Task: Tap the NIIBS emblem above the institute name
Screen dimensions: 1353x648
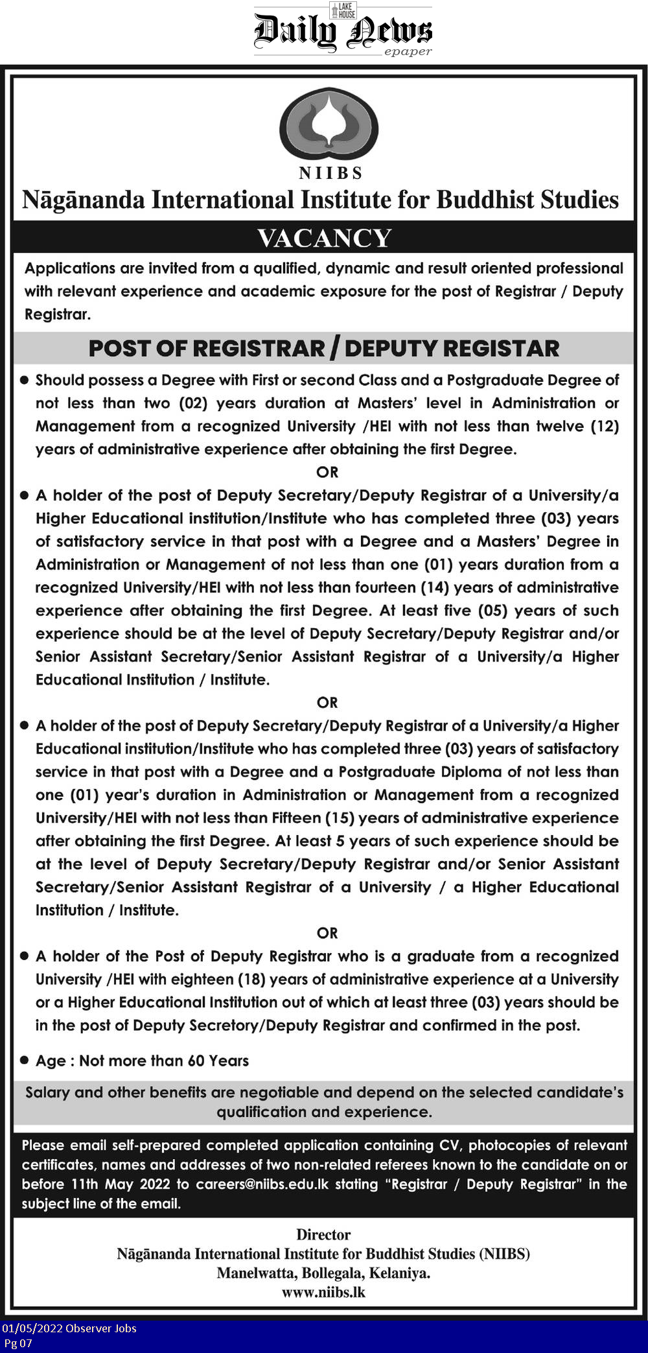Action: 329,125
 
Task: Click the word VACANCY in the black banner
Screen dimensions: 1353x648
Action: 324,238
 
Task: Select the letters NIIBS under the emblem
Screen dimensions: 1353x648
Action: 330,173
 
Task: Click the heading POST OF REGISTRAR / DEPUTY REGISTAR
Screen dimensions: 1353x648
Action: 323,348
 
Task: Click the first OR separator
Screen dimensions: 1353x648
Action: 327,472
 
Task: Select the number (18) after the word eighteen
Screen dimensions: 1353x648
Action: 251,979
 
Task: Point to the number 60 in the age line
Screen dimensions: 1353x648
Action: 196,1061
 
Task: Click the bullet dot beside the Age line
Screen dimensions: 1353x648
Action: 25,1061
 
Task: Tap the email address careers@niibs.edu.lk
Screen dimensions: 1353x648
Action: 262,1184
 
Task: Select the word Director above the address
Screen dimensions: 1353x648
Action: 323,1234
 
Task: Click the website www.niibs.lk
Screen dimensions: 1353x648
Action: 323,1292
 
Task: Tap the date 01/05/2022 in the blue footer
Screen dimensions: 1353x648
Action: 32,1328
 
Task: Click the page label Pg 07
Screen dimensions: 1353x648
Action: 18,1343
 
